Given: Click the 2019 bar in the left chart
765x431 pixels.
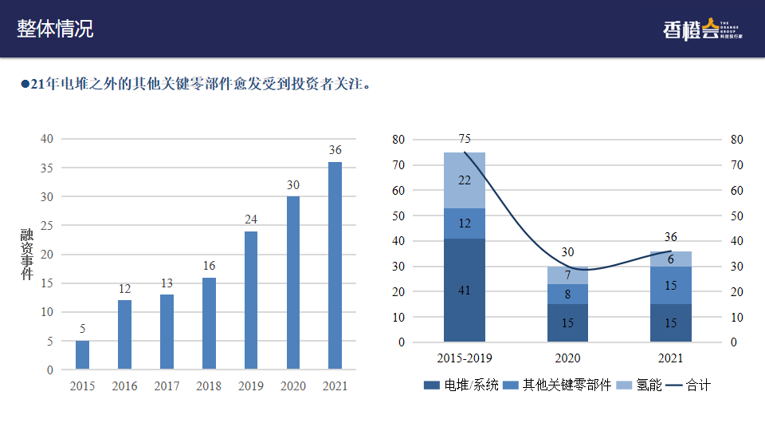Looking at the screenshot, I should pos(251,299).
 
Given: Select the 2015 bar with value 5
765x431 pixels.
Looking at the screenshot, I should pos(83,354).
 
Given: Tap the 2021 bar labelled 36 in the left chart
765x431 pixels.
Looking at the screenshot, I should pos(335,265).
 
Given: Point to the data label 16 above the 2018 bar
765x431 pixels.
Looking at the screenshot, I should pos(209,266).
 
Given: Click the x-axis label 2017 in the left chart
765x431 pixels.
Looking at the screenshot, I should pos(167,386).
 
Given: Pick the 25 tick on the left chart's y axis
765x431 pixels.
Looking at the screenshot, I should pos(47,226).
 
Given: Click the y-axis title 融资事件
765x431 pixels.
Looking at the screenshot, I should pos(27,254).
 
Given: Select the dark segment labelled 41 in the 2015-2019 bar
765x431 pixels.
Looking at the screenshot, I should pos(465,291).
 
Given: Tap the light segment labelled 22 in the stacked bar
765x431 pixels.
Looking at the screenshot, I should pos(465,180).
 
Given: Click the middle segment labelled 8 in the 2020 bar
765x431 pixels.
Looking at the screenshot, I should pos(567,294).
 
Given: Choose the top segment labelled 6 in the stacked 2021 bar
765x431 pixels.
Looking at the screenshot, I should pos(671,259).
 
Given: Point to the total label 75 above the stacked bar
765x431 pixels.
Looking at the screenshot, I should pos(465,139).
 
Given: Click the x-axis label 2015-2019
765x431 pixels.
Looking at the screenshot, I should pos(465,358).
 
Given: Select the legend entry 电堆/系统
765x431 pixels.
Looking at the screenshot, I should pos(461,386).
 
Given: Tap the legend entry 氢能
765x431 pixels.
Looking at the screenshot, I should pos(641,386).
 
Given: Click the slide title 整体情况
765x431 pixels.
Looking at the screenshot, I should pos(55,29).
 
